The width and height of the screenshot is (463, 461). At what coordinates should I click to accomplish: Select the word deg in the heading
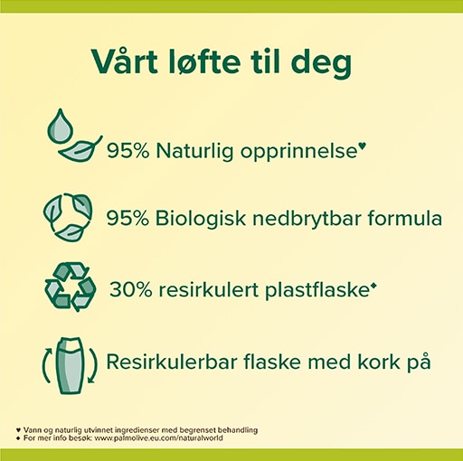321,64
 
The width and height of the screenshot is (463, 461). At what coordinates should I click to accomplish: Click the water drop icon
61,126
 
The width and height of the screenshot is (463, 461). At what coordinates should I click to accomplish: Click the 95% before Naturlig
128,150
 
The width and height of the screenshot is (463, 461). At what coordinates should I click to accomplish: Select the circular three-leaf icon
68,217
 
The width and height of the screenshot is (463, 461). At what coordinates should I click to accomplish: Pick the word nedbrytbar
307,218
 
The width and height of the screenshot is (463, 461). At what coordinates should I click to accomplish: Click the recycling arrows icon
71,287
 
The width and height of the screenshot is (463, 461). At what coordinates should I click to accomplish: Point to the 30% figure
130,289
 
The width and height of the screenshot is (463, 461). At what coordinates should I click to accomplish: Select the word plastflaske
317,290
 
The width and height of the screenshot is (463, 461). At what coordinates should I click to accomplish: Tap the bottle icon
70,365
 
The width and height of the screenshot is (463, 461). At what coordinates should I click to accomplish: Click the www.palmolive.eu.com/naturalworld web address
159,437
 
